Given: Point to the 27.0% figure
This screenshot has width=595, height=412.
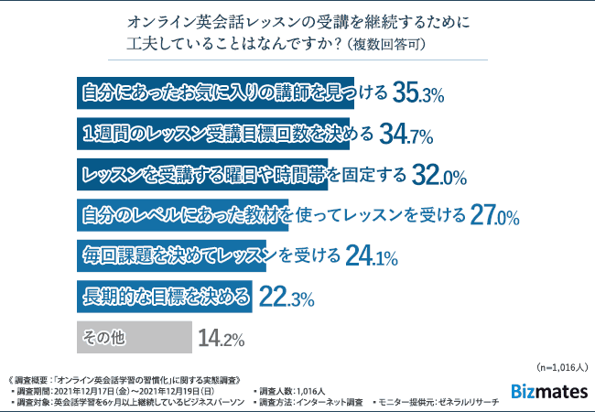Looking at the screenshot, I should click(x=495, y=216).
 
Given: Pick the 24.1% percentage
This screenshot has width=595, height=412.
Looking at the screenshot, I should click(x=372, y=257).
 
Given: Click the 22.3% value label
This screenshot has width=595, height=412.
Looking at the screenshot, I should click(x=287, y=298).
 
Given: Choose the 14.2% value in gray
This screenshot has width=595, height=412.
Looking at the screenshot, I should click(x=221, y=340).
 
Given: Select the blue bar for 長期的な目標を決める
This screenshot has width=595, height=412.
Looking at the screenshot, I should click(x=165, y=298).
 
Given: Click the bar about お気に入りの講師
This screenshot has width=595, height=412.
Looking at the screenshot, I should click(x=229, y=92).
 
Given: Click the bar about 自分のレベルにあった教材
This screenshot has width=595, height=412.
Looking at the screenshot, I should click(x=182, y=216).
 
